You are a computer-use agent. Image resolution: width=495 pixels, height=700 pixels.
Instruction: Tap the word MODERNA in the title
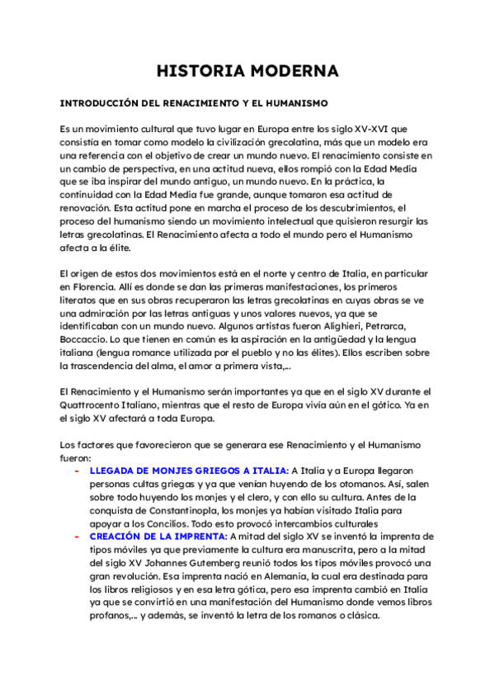(x=293, y=72)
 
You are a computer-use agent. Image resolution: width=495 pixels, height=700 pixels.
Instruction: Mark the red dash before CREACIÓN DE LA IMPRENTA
(x=77, y=536)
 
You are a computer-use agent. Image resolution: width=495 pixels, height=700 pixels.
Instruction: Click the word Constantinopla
(x=165, y=509)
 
